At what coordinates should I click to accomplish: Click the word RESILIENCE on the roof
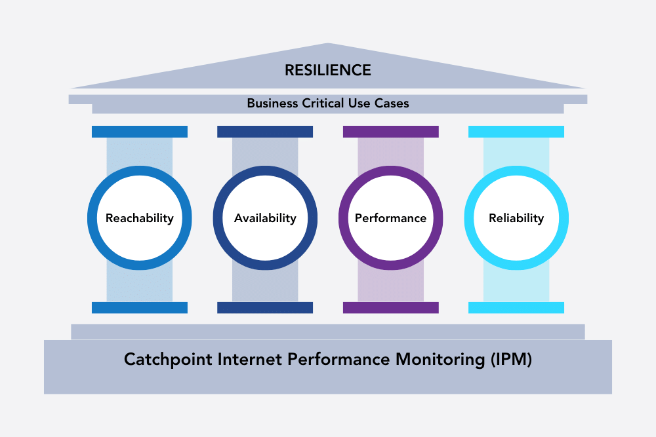327,70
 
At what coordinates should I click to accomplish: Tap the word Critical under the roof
325,104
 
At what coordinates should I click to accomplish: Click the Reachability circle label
140,218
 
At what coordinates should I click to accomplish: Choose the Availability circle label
265,218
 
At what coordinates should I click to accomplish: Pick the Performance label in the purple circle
390,218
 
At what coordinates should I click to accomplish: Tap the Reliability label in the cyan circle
516,218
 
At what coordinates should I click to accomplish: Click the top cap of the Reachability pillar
140,132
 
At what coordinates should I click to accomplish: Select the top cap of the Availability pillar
265,132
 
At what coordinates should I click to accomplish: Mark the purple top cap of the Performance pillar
390,132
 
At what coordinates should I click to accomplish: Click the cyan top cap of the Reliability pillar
516,132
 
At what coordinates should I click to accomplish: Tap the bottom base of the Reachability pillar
140,307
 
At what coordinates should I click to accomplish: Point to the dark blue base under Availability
265,307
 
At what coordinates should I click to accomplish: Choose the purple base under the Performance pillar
390,307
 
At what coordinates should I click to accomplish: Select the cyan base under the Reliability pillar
516,307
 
